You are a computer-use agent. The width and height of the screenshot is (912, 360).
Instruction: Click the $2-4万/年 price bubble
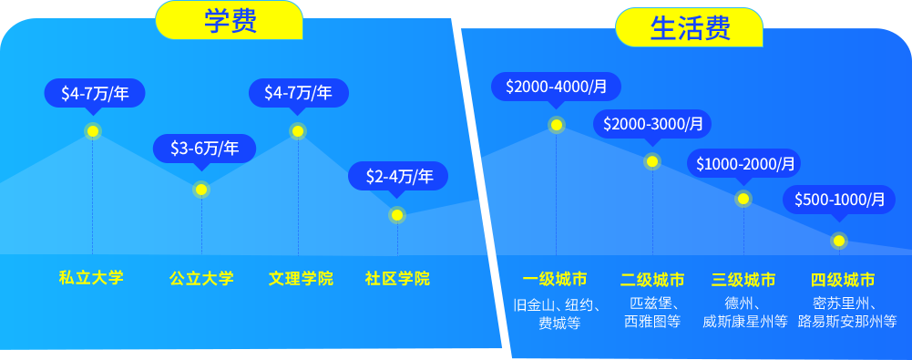pyautogui.click(x=398, y=176)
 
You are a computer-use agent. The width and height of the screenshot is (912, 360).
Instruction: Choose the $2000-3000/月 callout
pyautogui.click(x=652, y=124)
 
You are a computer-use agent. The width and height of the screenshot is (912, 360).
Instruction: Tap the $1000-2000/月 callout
pyautogui.click(x=744, y=164)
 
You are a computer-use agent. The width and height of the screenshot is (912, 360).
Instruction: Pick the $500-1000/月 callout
pyautogui.click(x=839, y=201)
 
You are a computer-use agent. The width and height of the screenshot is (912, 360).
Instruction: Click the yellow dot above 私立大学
pyautogui.click(x=93, y=131)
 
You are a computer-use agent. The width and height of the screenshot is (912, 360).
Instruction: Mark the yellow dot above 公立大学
pyautogui.click(x=201, y=189)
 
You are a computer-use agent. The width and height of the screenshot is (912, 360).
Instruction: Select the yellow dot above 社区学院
pyautogui.click(x=397, y=215)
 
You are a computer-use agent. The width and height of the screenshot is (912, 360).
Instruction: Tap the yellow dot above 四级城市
pyautogui.click(x=839, y=241)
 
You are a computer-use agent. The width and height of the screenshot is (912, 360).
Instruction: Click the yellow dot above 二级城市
pyautogui.click(x=652, y=161)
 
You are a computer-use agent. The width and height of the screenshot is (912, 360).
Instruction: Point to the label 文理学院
pyautogui.click(x=301, y=279)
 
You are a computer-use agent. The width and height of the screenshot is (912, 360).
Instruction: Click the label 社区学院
pyautogui.click(x=397, y=279)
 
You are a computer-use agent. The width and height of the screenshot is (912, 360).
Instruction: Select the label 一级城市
pyautogui.click(x=555, y=280)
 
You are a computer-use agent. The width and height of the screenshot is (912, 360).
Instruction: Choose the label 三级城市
pyautogui.click(x=743, y=280)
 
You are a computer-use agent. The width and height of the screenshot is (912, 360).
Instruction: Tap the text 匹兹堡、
pyautogui.click(x=655, y=303)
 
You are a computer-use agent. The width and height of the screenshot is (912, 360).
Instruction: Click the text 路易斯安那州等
pyautogui.click(x=847, y=321)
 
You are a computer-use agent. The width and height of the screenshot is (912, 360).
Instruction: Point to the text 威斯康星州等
pyautogui.click(x=745, y=321)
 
